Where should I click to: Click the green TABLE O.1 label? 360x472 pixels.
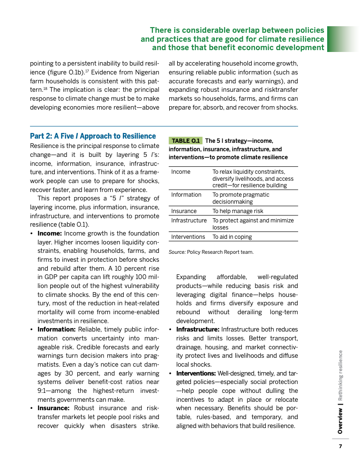[x=186, y=140]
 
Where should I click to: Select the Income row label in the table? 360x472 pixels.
[x=181, y=172]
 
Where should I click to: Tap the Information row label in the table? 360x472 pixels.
[x=186, y=195]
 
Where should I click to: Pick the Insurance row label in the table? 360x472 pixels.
[x=184, y=211]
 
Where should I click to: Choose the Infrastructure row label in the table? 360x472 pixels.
[x=189, y=221]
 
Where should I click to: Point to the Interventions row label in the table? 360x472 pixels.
[x=188, y=237]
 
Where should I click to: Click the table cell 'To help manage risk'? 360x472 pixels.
[x=238, y=211]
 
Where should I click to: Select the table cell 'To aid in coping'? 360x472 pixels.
[x=232, y=237]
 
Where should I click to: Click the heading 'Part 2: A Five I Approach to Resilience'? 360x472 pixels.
[x=93, y=136]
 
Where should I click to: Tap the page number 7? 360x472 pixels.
[x=341, y=446]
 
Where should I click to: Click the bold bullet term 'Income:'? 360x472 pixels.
[x=50, y=233]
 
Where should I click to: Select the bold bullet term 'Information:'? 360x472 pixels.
[x=56, y=329]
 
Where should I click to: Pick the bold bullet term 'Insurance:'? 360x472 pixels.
[x=54, y=408]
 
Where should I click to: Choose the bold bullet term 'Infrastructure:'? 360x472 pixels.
[x=197, y=330]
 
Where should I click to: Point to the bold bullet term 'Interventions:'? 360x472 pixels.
[x=196, y=373]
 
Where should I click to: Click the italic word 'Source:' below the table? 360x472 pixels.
[x=177, y=252]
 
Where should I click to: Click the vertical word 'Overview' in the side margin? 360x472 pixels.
[x=341, y=420]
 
